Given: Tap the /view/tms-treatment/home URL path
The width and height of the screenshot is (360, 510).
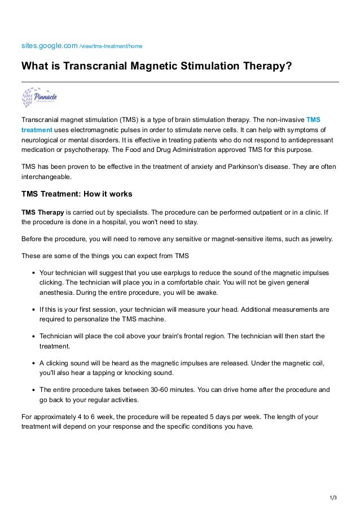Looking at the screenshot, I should [106, 45].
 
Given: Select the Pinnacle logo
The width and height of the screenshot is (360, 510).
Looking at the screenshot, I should [39, 98].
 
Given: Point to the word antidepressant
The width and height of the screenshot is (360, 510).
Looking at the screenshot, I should [309, 140].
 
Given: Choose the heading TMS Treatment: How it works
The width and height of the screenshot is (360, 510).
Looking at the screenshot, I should [77, 194].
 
